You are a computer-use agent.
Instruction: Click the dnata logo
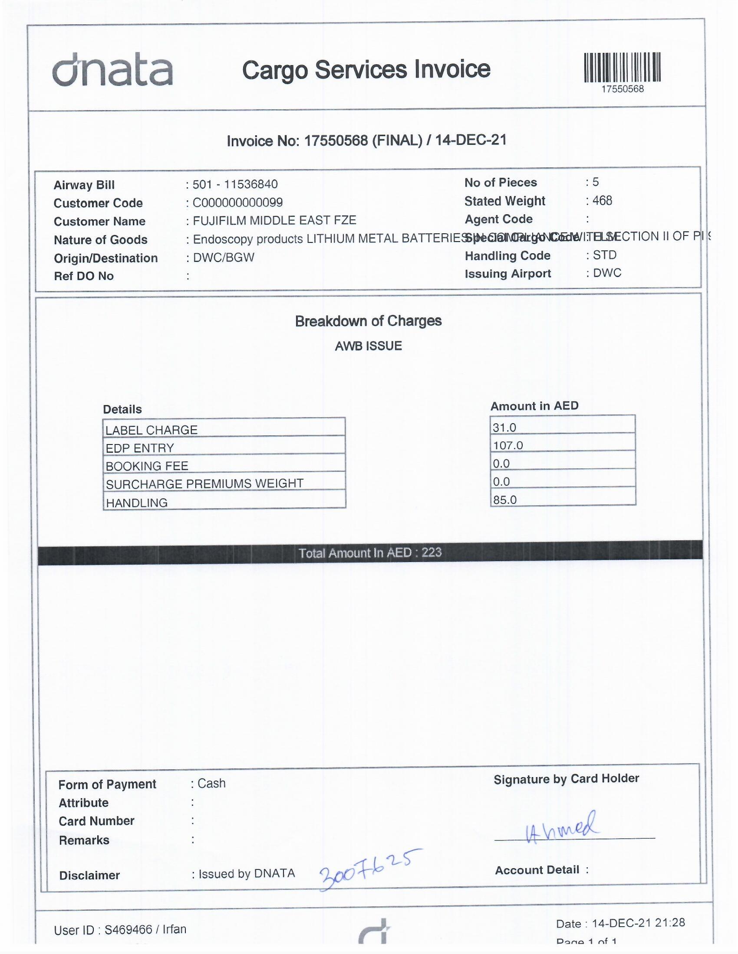pyautogui.click(x=112, y=70)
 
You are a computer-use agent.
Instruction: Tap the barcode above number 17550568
pyautogui.click(x=622, y=68)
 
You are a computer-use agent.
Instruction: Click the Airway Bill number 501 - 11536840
pyautogui.click(x=235, y=184)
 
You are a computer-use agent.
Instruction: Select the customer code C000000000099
pyautogui.click(x=237, y=203)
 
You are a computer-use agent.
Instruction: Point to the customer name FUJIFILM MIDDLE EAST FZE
pyautogui.click(x=274, y=221)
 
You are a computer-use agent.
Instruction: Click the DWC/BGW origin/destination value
pyautogui.click(x=224, y=257)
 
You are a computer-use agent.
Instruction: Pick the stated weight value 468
pyautogui.click(x=602, y=200)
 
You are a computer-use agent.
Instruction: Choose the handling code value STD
pyautogui.click(x=604, y=255)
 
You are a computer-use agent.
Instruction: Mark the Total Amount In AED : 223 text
pyautogui.click(x=370, y=553)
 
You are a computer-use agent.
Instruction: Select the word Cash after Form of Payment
pyautogui.click(x=211, y=783)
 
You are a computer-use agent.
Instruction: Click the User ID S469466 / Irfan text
pyautogui.click(x=120, y=930)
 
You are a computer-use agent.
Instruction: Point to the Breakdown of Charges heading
pyautogui.click(x=368, y=321)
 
